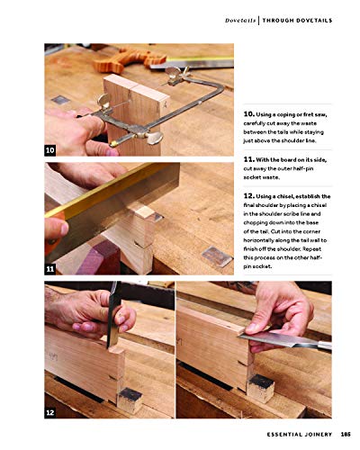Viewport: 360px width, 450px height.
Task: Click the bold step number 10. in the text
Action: coord(250,116)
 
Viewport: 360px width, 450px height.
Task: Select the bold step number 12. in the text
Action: coord(250,195)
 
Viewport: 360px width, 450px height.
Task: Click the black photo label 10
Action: coord(51,149)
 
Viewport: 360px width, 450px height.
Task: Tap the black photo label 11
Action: coord(51,269)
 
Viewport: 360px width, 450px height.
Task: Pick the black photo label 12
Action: coord(51,412)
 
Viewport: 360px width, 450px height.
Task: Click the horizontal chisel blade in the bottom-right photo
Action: coord(297,339)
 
